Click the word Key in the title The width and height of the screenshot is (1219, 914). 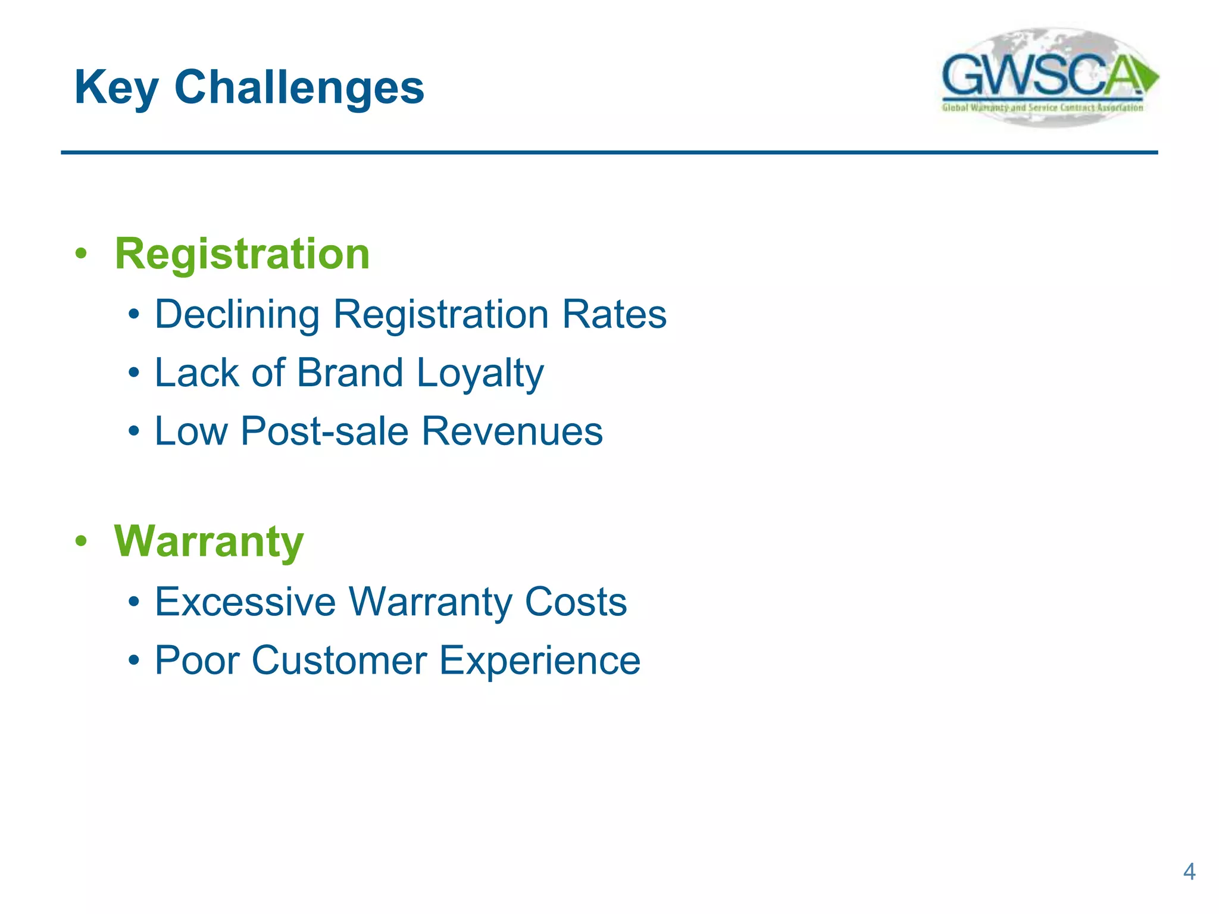point(115,87)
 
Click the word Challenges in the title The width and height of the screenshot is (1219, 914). point(299,87)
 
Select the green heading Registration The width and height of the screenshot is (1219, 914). point(242,254)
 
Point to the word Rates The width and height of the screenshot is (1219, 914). point(614,314)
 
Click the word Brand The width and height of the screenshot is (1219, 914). point(350,373)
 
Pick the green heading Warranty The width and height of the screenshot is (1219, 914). point(209,542)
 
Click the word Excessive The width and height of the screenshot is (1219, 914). point(245,602)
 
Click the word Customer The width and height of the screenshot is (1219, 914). point(339,661)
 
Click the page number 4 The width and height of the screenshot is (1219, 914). point(1189,872)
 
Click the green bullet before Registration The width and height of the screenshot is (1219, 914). point(81,254)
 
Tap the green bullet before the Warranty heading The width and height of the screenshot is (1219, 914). point(81,542)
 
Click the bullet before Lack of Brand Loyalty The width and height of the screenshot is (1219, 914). point(135,374)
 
